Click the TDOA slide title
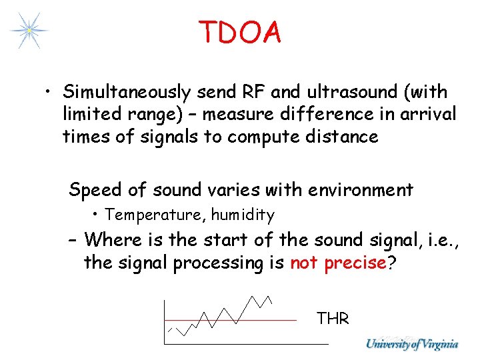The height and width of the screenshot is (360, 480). [239, 32]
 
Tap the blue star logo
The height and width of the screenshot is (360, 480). [29, 30]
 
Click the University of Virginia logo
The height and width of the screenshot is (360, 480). [411, 344]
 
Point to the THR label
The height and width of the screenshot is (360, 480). [333, 319]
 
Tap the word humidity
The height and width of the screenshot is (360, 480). [243, 215]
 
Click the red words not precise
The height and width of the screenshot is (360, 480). [338, 263]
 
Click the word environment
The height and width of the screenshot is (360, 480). [360, 190]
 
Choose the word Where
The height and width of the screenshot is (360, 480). [114, 239]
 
